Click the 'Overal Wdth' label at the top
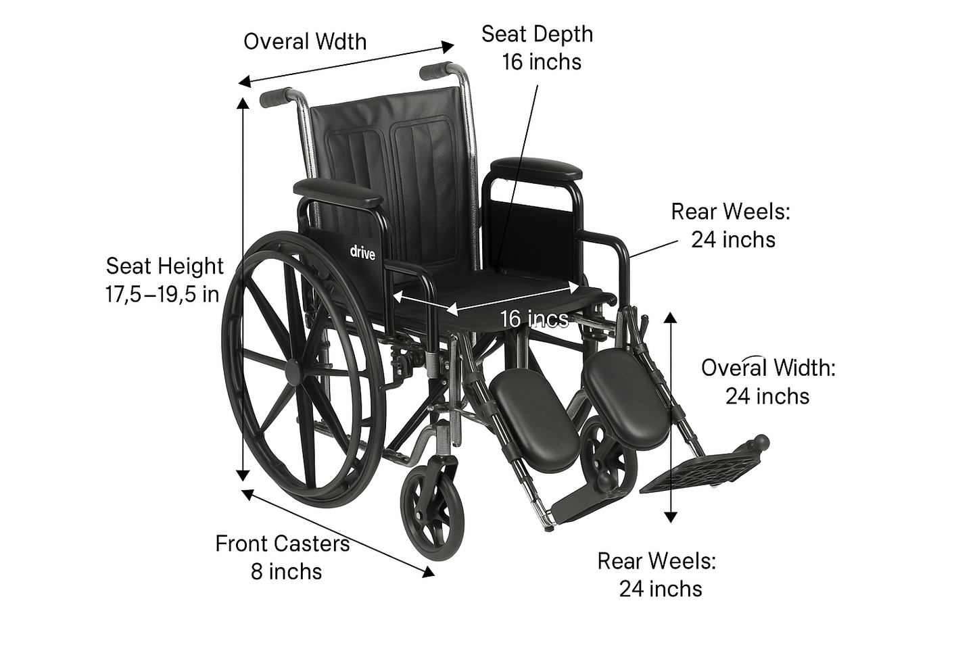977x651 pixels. (x=305, y=41)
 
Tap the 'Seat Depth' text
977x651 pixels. (x=537, y=34)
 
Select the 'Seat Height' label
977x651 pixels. (x=164, y=266)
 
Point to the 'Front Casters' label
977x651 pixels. (x=283, y=544)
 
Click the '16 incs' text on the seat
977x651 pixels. (x=534, y=318)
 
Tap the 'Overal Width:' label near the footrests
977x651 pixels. (x=768, y=368)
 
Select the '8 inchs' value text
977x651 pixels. (x=286, y=571)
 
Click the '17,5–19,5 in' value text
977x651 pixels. (x=162, y=294)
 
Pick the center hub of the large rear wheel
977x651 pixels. (x=295, y=370)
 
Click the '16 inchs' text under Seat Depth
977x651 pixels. (x=541, y=62)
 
